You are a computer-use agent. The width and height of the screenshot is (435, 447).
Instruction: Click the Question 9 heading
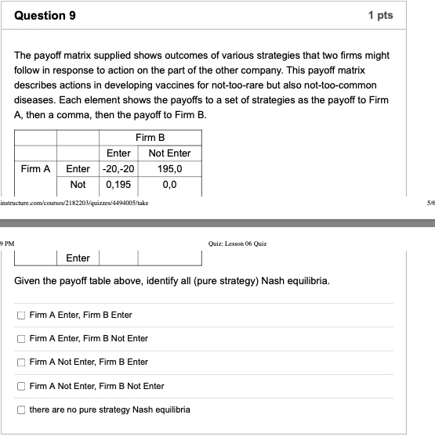(46, 16)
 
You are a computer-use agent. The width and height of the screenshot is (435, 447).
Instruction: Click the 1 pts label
(380, 16)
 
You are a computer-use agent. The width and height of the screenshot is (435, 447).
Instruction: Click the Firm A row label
(35, 168)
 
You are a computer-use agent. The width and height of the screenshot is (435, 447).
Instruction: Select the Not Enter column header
(169, 153)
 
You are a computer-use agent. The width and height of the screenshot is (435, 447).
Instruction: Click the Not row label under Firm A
(78, 185)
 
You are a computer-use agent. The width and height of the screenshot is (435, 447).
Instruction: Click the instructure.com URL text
(74, 202)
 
